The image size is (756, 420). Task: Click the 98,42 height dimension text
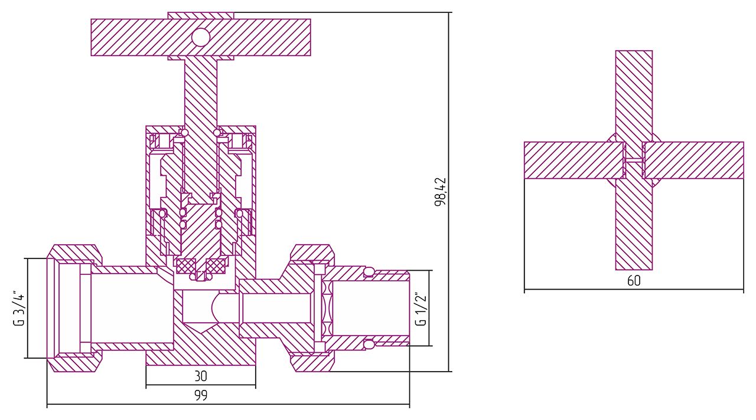pos(440,192)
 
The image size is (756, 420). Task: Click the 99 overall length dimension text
pos(201,396)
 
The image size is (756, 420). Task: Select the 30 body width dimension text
pos(201,376)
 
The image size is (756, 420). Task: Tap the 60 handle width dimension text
pos(634,281)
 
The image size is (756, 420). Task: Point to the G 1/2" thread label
pos(421,308)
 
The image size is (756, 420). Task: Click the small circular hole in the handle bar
pos(201,38)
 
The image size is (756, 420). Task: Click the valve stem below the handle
pos(201,88)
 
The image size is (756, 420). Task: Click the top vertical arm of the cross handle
pos(634,94)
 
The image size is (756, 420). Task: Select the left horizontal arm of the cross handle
pos(573,160)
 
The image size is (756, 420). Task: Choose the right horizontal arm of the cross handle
pos(694,160)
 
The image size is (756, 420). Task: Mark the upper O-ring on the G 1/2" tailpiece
pos(369,271)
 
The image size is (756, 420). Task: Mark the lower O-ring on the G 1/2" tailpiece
pos(369,343)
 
